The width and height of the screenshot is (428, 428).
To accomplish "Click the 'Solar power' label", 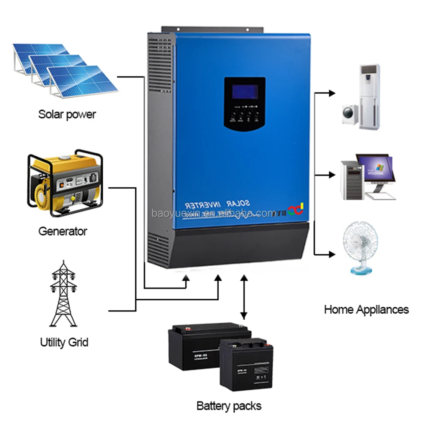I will coord(67,114).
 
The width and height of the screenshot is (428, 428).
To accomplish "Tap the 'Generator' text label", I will coord(62,232).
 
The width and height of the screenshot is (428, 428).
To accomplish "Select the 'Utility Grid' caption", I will coord(64,342).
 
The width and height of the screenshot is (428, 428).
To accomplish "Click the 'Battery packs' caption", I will coord(229,405).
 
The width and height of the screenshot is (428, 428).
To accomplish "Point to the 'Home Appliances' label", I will coord(366,309).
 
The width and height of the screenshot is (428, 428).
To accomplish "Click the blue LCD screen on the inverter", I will coord(244,92).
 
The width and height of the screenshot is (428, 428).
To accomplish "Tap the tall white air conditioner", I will coord(369,96).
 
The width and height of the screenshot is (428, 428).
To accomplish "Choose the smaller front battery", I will coord(243,364).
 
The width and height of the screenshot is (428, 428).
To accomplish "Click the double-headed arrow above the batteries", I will coord(244,297).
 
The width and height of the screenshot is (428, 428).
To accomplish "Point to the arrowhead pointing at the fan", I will coord(331,254).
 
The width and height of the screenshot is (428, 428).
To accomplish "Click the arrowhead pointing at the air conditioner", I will coord(331,92).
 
